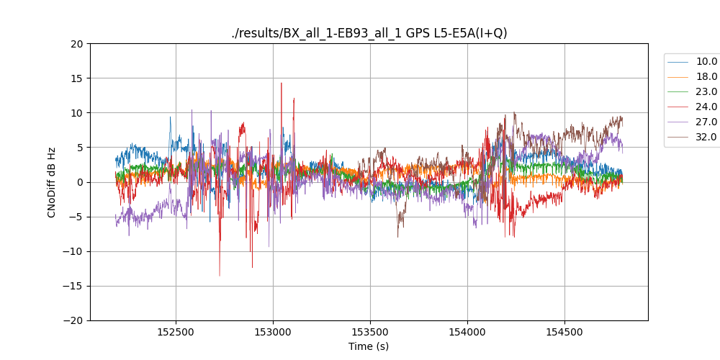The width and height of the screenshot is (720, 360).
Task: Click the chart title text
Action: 369,33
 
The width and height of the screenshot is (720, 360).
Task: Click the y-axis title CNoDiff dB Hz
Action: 52,182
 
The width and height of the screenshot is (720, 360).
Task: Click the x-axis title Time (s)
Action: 369,346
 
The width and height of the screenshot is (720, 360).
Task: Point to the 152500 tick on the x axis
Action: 176,333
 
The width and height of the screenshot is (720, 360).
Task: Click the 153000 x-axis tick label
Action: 273,333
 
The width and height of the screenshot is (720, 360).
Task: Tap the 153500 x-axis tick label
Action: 370,333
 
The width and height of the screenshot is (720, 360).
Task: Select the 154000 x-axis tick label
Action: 467,333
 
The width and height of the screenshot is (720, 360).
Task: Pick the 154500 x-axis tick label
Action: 564,333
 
